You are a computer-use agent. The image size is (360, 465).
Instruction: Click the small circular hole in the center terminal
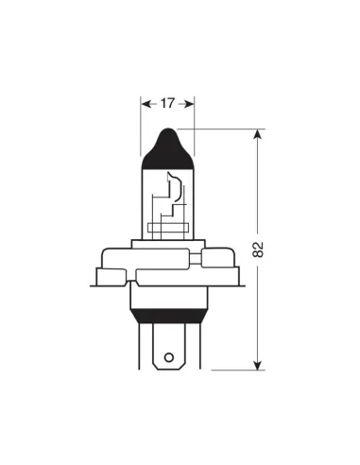(x=168, y=358)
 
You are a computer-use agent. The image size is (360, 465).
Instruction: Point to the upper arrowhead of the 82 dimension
(x=258, y=136)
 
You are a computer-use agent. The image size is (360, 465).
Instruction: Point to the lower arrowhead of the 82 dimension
(x=258, y=364)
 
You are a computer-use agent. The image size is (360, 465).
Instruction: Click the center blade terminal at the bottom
(x=168, y=350)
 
